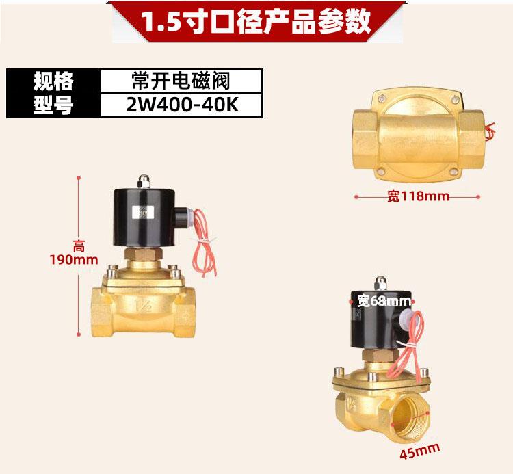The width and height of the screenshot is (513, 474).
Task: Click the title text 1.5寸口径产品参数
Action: pyautogui.click(x=256, y=21)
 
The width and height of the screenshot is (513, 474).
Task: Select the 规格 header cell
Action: pyautogui.click(x=53, y=81)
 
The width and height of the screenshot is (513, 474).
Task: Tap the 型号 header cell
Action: pyautogui.click(x=53, y=105)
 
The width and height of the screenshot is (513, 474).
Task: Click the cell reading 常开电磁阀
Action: pyautogui.click(x=181, y=81)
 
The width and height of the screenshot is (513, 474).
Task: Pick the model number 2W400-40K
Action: pyautogui.click(x=181, y=105)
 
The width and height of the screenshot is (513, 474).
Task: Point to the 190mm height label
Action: pyautogui.click(x=75, y=259)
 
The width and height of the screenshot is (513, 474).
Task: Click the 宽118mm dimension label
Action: pyautogui.click(x=418, y=196)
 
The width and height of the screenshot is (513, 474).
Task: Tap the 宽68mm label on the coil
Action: pyautogui.click(x=384, y=301)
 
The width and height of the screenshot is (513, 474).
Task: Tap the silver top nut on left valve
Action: pyautogui.click(x=144, y=181)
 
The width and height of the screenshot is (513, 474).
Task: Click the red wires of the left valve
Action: pyautogui.click(x=202, y=239)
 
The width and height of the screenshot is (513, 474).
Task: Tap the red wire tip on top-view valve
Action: pyautogui.click(x=490, y=129)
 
